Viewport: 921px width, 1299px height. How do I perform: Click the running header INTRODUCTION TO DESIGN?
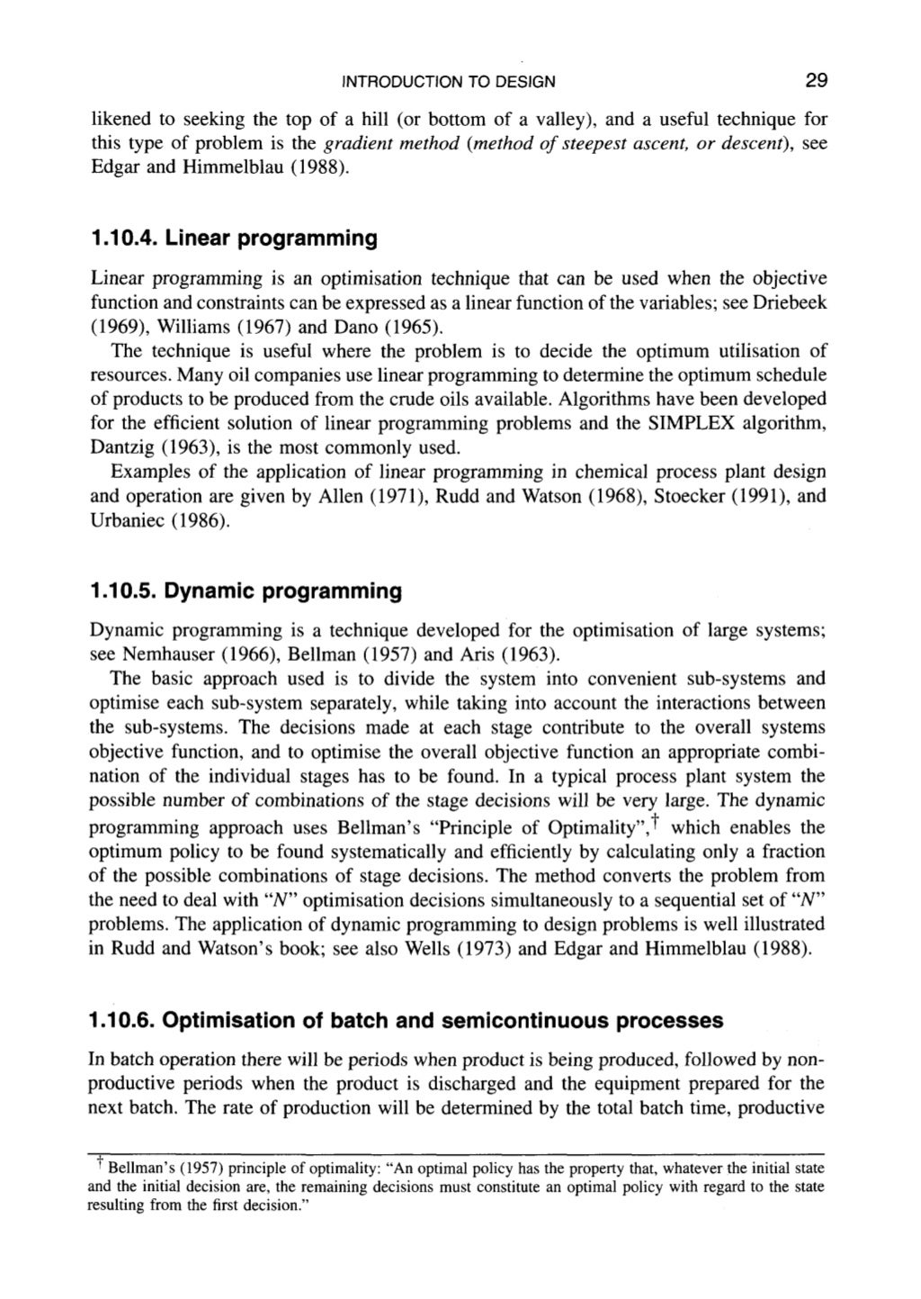point(449,83)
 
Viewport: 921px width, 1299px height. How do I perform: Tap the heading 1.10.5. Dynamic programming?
point(245,591)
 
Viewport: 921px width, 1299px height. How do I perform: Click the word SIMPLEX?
point(684,423)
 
